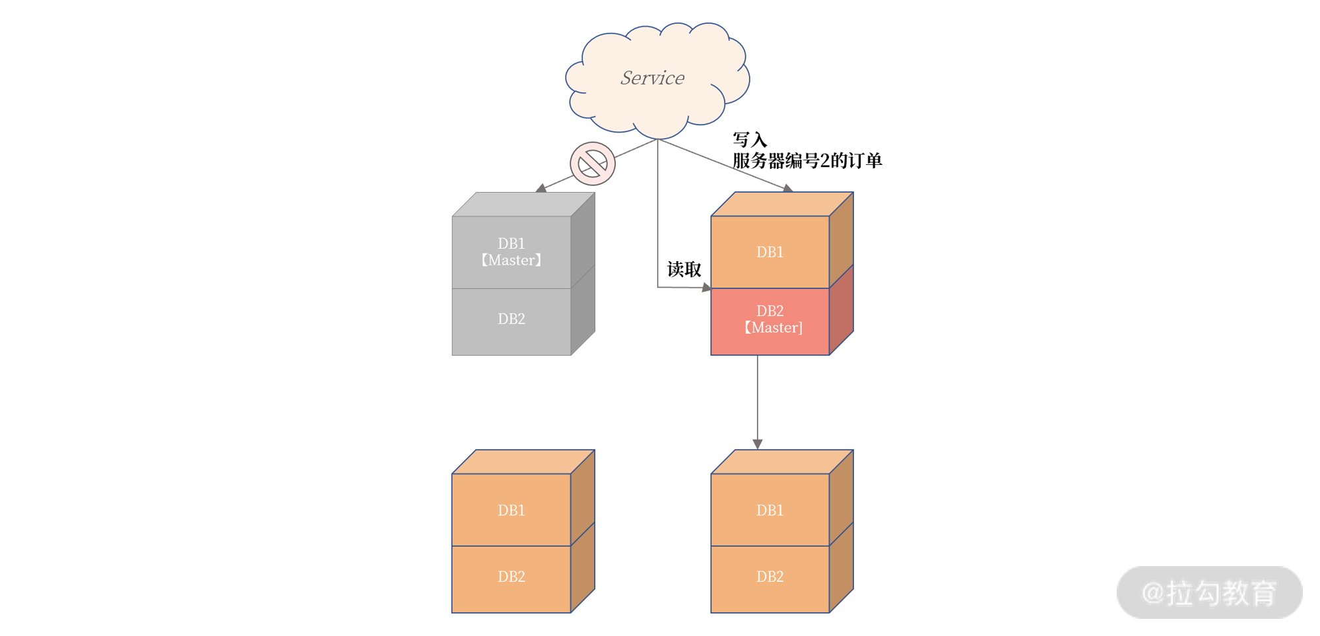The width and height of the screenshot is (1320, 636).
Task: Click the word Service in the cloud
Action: pyautogui.click(x=652, y=78)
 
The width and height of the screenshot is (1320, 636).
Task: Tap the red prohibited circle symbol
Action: pyautogui.click(x=593, y=164)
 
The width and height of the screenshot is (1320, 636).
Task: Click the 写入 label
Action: pyautogui.click(x=750, y=140)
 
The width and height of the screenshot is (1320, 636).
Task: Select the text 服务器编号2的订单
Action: pyautogui.click(x=807, y=160)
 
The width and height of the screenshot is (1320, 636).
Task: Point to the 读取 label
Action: pyautogui.click(x=684, y=269)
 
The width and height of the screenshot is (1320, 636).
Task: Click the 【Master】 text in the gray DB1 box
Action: pyautogui.click(x=511, y=261)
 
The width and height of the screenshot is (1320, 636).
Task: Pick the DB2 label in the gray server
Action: pyautogui.click(x=511, y=319)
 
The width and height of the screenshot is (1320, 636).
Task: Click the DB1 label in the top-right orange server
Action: pyautogui.click(x=770, y=252)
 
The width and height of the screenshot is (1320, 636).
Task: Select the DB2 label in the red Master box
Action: pyautogui.click(x=770, y=311)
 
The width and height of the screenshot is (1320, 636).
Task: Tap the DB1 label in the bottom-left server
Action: pyautogui.click(x=511, y=510)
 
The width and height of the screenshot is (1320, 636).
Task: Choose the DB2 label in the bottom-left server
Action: pyautogui.click(x=511, y=577)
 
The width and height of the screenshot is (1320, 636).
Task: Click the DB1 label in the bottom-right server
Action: pyautogui.click(x=770, y=510)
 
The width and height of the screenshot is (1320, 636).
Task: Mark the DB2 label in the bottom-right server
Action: pyautogui.click(x=770, y=577)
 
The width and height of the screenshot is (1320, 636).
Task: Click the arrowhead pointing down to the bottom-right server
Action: pyautogui.click(x=758, y=444)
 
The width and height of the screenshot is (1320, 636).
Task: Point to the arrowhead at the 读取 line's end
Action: pyautogui.click(x=706, y=288)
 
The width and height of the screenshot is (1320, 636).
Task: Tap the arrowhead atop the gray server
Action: pyautogui.click(x=541, y=188)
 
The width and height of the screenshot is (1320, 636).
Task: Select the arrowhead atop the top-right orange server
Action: pyautogui.click(x=787, y=189)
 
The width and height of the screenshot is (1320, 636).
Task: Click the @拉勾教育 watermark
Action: pyautogui.click(x=1209, y=592)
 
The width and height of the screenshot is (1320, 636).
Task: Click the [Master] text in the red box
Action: pyautogui.click(x=774, y=328)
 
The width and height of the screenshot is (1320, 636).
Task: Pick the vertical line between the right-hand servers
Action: pyautogui.click(x=758, y=396)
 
